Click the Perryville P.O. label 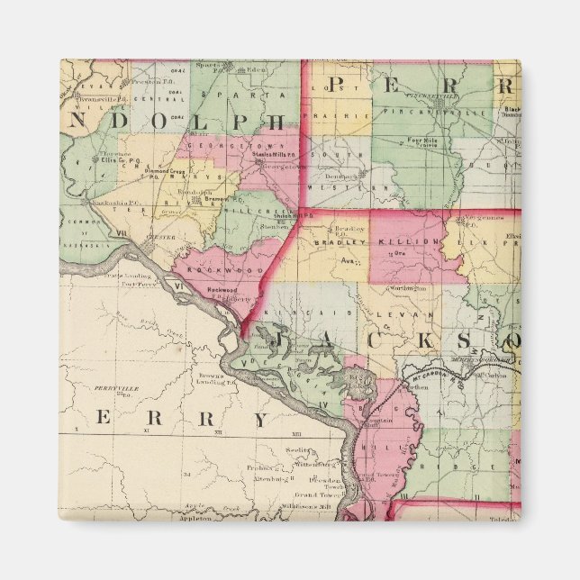(119, 390)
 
